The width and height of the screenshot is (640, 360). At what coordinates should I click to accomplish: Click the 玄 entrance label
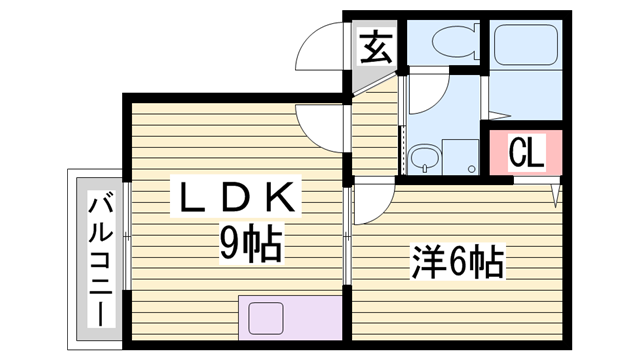pos(375,45)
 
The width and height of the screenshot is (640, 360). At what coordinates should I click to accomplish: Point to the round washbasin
pos(423,155)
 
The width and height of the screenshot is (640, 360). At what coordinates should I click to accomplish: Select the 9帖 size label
pos(250,243)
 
